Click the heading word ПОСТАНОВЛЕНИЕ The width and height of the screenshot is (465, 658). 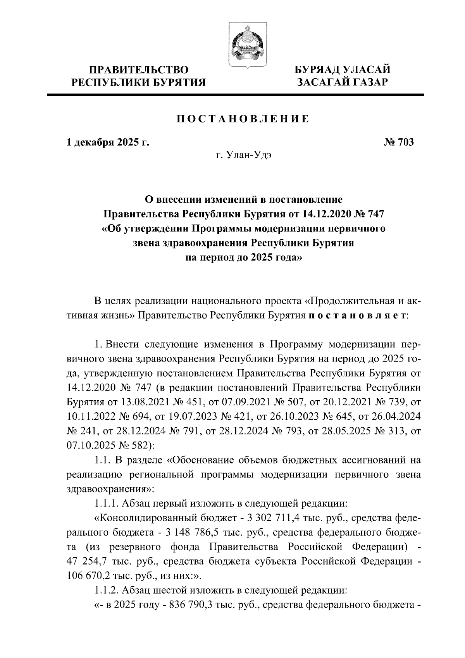click(x=243, y=119)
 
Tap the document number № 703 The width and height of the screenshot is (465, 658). click(x=399, y=142)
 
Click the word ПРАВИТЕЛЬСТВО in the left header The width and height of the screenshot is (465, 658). click(x=139, y=70)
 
